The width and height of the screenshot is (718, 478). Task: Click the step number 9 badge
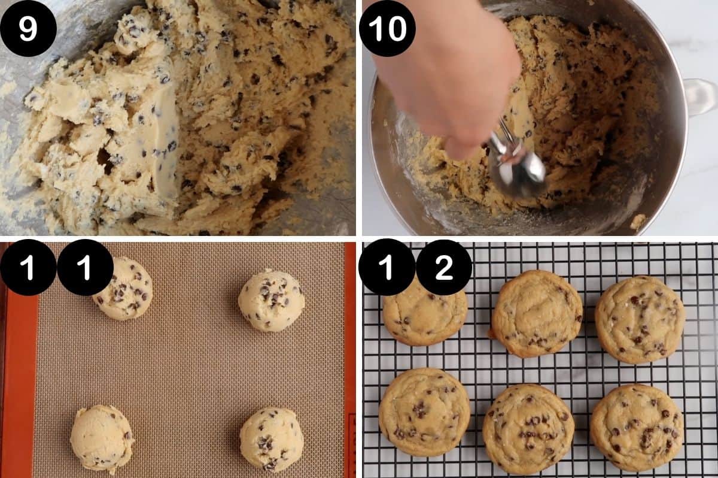(28, 29)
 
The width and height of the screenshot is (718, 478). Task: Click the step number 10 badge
(387, 29)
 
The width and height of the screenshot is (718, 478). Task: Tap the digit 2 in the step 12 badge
(444, 267)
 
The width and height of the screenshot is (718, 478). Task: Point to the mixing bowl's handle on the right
(700, 96)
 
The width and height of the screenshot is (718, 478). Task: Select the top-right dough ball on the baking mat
(271, 300)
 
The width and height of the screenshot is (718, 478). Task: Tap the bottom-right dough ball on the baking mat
(271, 440)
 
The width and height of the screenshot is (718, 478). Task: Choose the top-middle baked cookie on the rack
(537, 313)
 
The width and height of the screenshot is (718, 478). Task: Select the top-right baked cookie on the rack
(640, 319)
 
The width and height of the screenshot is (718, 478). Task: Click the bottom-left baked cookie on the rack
(424, 412)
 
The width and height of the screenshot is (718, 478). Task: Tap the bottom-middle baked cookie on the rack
(528, 429)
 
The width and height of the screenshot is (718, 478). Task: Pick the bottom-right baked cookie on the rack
(637, 426)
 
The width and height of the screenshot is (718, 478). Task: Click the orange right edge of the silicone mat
(350, 359)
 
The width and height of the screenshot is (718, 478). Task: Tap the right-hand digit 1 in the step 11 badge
(85, 267)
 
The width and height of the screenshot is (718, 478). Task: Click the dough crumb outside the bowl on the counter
(638, 222)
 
